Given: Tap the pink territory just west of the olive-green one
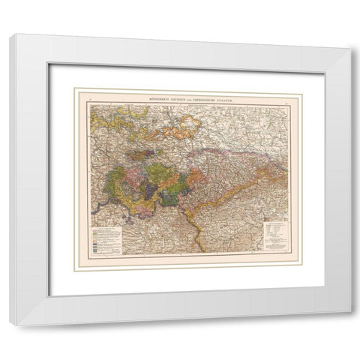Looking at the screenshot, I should click(x=136, y=180).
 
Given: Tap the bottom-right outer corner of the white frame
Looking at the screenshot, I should click(x=349, y=324).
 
